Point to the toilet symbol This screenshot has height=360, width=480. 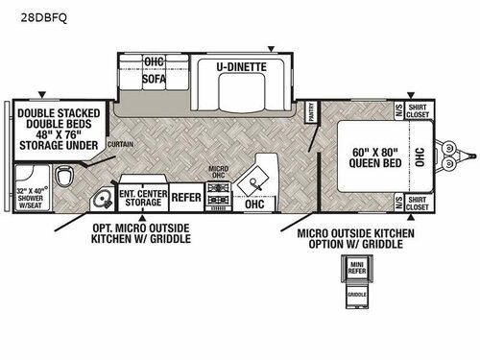click(65, 178)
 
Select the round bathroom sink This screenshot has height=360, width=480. click(103, 201)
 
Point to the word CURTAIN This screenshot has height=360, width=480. click(121, 144)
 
